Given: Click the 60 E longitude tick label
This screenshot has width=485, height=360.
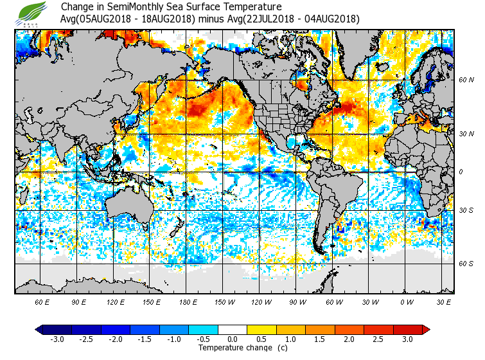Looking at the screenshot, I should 42,301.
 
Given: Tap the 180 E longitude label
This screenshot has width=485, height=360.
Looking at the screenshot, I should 188,301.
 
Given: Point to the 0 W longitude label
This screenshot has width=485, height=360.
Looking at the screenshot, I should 406,301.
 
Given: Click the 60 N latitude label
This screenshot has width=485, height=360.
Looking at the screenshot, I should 466,80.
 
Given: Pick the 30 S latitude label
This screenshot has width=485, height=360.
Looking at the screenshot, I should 466,210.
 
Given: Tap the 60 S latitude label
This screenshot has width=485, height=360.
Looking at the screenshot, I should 466,264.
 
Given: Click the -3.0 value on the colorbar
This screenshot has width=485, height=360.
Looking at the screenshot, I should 57,339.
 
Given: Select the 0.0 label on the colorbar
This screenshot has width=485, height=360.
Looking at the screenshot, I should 233,339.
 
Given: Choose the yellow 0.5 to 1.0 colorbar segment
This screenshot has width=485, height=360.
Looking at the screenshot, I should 262,329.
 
